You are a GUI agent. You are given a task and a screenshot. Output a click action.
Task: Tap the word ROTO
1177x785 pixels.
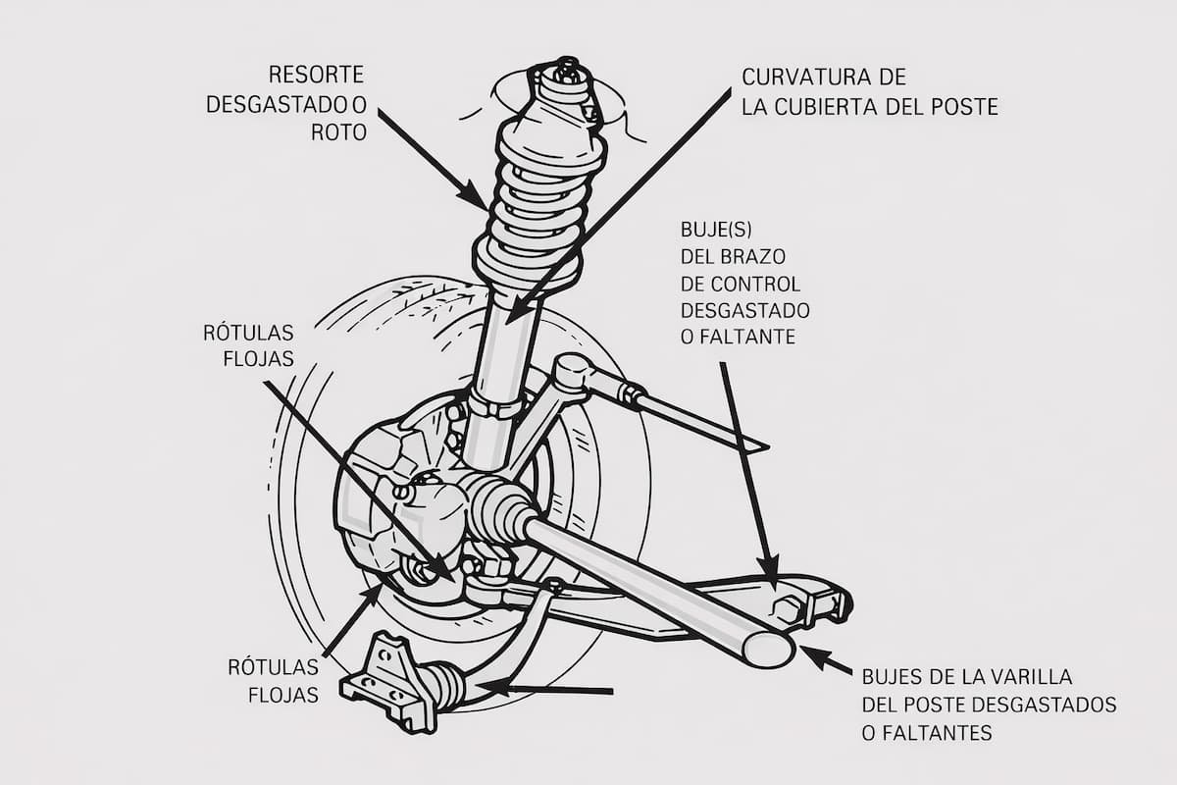pyautogui.click(x=338, y=132)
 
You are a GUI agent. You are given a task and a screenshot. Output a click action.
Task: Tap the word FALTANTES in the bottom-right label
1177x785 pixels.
pyautogui.click(x=936, y=732)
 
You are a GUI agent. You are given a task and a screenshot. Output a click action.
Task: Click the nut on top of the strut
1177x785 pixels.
pyautogui.click(x=566, y=70)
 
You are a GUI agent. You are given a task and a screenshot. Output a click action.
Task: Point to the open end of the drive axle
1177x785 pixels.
pyautogui.click(x=768, y=649)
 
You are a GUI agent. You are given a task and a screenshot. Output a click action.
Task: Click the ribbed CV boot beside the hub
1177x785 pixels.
pyautogui.click(x=499, y=505)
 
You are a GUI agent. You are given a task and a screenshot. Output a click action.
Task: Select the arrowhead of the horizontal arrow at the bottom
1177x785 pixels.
pyautogui.click(x=488, y=687)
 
